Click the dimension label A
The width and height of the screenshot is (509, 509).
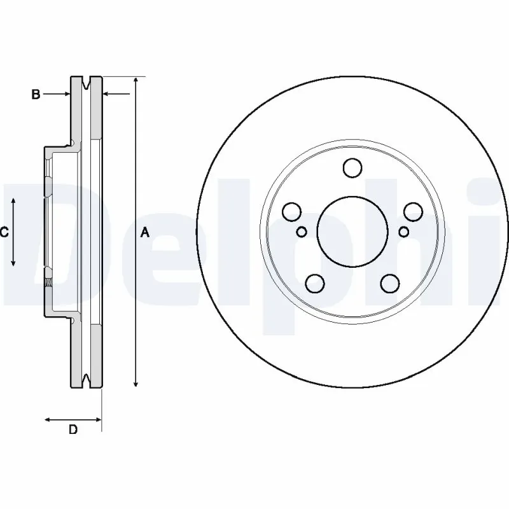(145, 233)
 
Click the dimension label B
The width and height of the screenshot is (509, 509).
(36, 94)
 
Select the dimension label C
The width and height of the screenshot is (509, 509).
(4, 232)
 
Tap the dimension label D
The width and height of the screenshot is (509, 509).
(73, 430)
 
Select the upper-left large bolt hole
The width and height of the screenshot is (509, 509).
(292, 211)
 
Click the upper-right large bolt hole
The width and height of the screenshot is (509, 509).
(412, 211)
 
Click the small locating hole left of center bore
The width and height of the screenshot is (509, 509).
(302, 231)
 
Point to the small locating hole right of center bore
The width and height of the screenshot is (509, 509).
(403, 231)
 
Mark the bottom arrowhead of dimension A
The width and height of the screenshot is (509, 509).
(136, 383)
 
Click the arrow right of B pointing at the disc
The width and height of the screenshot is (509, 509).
(107, 94)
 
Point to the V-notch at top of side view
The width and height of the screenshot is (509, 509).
(87, 82)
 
